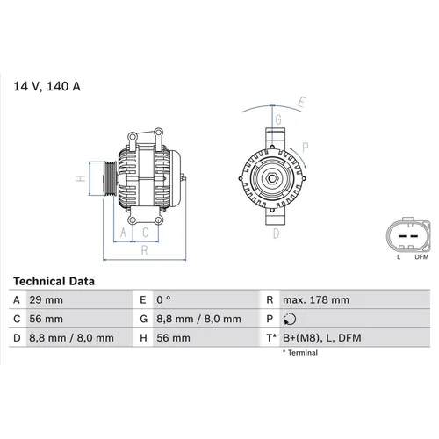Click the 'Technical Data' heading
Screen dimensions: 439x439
(x=54, y=282)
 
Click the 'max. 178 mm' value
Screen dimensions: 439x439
(x=315, y=299)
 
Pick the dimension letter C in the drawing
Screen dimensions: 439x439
(x=145, y=233)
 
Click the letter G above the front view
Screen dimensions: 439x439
(x=278, y=119)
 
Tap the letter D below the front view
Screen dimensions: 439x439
(x=275, y=234)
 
